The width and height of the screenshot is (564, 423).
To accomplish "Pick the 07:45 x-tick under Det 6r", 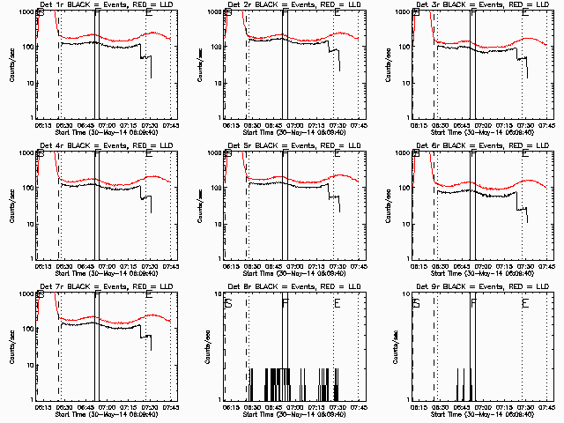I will tap(546, 266).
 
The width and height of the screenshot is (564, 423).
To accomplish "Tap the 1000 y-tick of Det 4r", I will tap(24, 152).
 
